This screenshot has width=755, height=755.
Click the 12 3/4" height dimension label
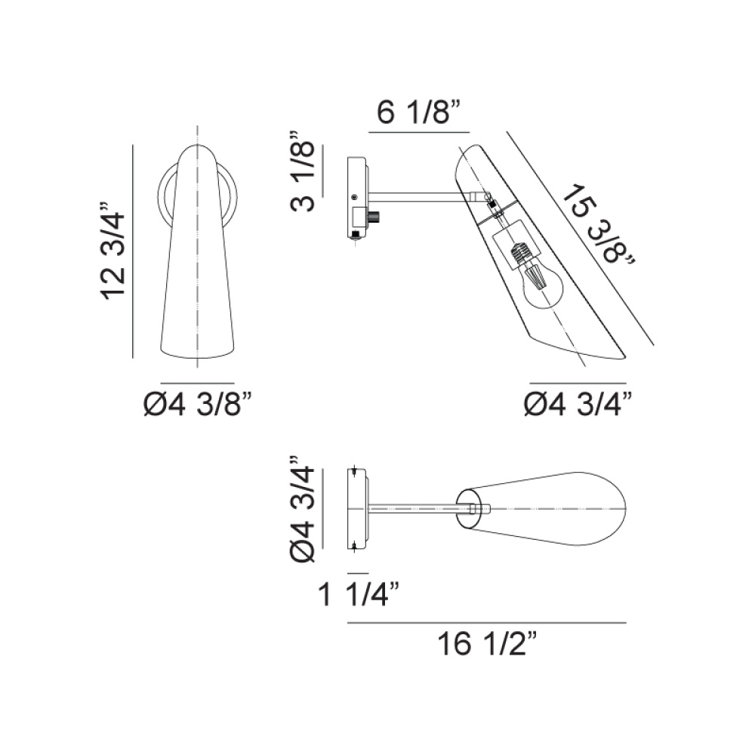coord(113,251)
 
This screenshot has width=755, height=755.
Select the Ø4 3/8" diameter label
coord(198,405)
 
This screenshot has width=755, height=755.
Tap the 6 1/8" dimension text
coord(419,112)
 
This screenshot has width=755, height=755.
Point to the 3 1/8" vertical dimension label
coord(303,171)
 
